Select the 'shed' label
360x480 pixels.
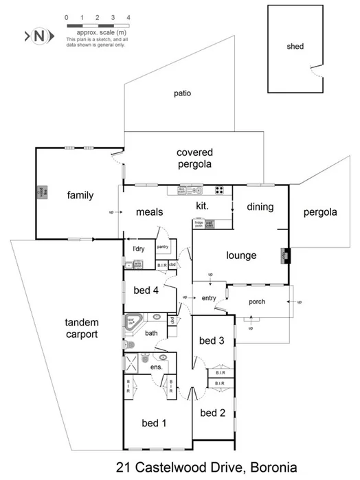point(295,47)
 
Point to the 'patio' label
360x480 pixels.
point(181,93)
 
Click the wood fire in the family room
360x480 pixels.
point(41,193)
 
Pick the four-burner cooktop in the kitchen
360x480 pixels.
point(221,190)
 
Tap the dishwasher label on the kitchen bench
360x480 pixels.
point(183,190)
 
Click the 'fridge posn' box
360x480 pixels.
point(199,222)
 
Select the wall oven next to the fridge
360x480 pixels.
point(209,222)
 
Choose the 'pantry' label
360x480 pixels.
point(163,247)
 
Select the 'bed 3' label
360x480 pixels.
point(212,341)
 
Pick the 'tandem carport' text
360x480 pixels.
point(81,328)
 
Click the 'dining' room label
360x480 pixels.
point(260,207)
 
